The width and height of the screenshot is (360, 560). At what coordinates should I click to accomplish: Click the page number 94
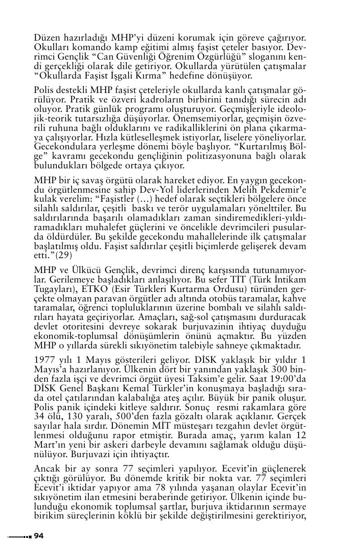point(38,536)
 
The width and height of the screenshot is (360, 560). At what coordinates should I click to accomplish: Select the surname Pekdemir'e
point(282,190)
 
